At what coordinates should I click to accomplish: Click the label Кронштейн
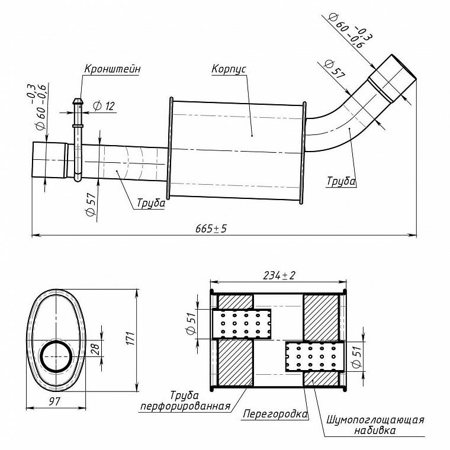[112, 69]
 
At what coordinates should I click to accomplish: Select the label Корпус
[229, 69]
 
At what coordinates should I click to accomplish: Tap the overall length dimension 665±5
[211, 229]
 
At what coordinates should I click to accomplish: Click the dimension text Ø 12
[104, 106]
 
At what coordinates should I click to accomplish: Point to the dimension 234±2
[279, 275]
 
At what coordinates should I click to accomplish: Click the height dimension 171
[130, 339]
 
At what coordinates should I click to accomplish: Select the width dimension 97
[54, 401]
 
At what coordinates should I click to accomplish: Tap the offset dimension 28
[95, 348]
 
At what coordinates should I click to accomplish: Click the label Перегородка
[275, 414]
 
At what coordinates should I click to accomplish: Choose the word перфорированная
[185, 406]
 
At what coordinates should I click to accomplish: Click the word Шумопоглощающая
[375, 420]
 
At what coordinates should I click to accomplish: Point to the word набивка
[375, 430]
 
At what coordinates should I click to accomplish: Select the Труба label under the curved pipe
[341, 181]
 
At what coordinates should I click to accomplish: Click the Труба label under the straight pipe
[151, 203]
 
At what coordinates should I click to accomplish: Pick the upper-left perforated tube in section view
[241, 324]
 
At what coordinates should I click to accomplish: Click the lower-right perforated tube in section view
[314, 356]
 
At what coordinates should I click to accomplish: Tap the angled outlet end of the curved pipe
[393, 78]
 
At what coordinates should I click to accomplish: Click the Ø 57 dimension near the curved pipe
[334, 69]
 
